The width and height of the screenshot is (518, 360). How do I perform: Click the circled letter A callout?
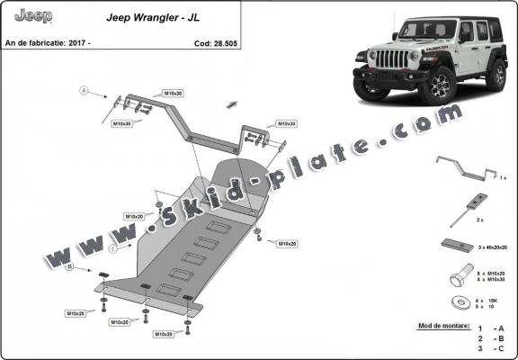[84, 91]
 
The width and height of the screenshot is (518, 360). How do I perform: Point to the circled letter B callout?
[69, 265]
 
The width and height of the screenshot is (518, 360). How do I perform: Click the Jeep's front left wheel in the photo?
[441, 85]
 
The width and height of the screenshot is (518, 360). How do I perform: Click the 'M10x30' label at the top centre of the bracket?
[174, 94]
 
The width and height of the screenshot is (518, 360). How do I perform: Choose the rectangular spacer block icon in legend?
[456, 244]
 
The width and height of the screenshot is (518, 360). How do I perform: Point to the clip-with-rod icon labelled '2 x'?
[469, 204]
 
